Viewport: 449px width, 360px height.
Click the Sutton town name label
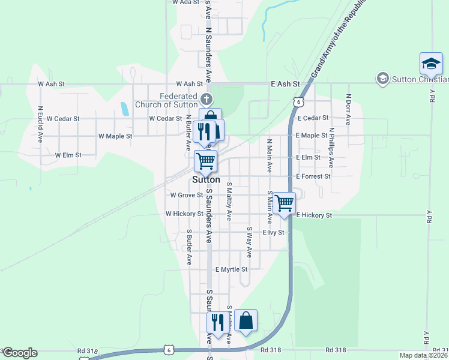[206, 180]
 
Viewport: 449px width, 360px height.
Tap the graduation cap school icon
[431, 63]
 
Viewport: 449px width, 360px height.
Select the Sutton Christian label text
[420, 79]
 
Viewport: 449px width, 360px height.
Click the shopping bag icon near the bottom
[246, 320]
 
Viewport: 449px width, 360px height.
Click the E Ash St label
[285, 85]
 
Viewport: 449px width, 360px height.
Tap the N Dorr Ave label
[348, 109]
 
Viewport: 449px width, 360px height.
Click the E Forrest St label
[313, 177]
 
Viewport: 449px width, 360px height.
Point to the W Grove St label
[186, 195]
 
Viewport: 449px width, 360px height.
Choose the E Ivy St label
[273, 232]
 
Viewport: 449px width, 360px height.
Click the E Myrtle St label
[231, 270]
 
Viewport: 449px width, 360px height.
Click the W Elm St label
[68, 155]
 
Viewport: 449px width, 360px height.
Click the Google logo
[20, 353]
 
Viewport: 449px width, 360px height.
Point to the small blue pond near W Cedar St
[124, 109]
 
